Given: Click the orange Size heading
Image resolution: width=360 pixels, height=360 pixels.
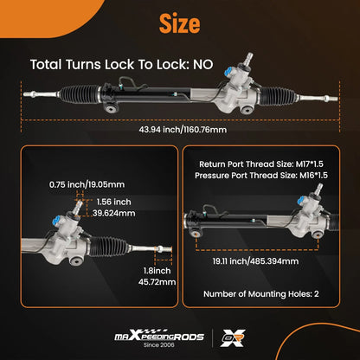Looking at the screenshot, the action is (x=179, y=23).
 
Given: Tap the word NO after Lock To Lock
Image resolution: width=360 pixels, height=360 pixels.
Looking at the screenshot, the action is (x=202, y=64).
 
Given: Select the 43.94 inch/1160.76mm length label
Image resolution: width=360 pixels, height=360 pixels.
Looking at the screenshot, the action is (x=183, y=130).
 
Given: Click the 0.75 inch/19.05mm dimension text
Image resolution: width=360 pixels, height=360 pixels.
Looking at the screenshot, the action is (x=87, y=184).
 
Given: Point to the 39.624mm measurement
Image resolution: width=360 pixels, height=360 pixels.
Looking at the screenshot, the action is (x=114, y=213).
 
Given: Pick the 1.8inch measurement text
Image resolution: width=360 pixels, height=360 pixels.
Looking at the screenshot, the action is (x=157, y=271).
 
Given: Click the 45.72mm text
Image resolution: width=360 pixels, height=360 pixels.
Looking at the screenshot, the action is (x=157, y=282).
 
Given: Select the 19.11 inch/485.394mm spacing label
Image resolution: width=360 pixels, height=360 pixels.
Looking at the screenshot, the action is (x=255, y=261).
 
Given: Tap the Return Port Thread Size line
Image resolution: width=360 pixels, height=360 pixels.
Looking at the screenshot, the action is (x=261, y=164).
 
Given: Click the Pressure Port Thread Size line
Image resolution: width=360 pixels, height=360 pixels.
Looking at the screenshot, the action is (x=261, y=176).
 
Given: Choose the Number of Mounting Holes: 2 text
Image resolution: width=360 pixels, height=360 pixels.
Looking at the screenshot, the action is (x=261, y=294).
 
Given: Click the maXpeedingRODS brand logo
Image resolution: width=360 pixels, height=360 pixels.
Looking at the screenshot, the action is (x=159, y=336).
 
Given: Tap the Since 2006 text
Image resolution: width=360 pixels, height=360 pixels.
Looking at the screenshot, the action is (x=159, y=344).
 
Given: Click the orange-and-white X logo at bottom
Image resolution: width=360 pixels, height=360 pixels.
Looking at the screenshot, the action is (x=233, y=337).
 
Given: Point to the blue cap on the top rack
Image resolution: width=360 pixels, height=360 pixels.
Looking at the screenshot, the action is (x=229, y=72).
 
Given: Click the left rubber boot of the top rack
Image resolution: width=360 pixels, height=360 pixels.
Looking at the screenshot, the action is (x=80, y=94).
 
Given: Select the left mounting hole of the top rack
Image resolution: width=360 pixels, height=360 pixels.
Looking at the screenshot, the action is (x=111, y=108).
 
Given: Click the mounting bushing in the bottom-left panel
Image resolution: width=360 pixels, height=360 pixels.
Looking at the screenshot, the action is (x=76, y=261).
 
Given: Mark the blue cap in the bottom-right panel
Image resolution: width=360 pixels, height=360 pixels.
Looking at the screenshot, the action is (x=303, y=201).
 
